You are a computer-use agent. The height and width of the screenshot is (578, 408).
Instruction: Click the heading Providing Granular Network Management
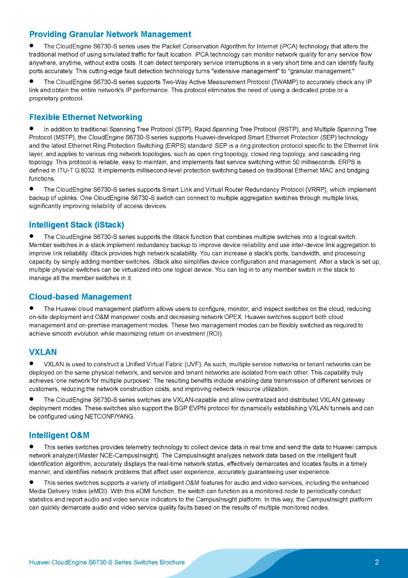110,34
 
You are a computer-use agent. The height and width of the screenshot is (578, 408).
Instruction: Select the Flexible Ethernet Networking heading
85,117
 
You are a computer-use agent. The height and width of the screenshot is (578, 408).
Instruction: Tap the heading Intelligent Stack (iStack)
76,225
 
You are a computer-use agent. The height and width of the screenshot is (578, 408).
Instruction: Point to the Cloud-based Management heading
80,297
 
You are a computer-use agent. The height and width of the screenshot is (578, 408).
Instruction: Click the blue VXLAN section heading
43,352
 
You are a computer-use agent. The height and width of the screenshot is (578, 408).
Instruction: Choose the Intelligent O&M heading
59,435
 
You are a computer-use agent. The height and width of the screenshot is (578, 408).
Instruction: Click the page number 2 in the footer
377,562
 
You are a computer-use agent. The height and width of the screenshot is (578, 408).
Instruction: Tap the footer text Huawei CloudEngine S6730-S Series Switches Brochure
107,562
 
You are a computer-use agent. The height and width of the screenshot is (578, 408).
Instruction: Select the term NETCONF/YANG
109,417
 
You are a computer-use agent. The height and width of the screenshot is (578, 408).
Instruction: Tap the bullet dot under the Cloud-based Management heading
32,308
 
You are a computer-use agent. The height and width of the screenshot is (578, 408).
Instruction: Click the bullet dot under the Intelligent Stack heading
32,236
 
